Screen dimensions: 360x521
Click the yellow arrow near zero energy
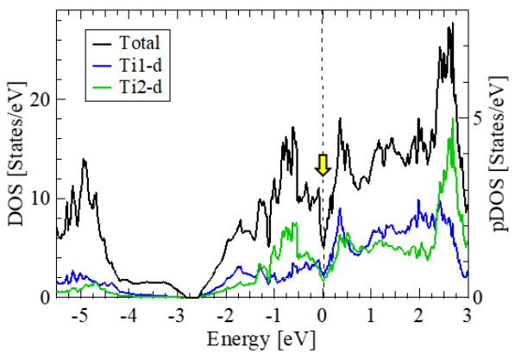323,165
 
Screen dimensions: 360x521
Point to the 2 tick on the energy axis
418,315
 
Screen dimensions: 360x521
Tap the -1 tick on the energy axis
273,315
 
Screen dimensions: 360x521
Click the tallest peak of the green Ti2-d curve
454,118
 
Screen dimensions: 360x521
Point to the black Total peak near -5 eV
84,159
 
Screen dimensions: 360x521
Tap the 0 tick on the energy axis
322,315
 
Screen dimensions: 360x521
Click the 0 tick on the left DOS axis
45,297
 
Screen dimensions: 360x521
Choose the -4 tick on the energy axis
127,315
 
